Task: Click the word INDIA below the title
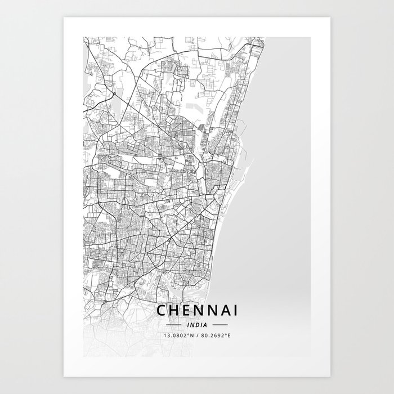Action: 197,325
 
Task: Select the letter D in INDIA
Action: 197,325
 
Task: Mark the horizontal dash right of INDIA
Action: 220,325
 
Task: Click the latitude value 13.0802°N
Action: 178,335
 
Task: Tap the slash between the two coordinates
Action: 198,335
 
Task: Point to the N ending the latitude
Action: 191,335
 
